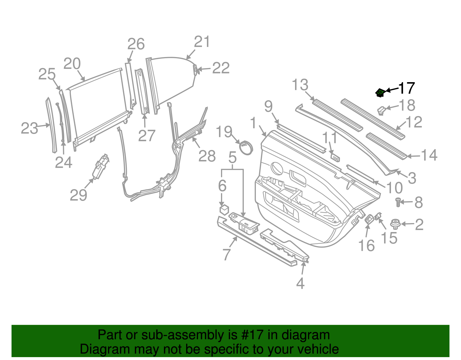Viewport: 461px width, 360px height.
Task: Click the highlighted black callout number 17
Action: click(x=406, y=88)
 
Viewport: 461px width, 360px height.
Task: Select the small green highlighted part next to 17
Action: click(x=380, y=93)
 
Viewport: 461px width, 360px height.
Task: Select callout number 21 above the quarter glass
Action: click(x=202, y=42)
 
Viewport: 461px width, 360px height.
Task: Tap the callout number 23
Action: click(x=29, y=128)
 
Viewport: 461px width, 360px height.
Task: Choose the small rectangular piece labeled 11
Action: click(x=335, y=157)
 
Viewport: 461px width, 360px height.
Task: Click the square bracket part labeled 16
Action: click(x=369, y=219)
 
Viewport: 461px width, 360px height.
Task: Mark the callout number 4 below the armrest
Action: click(x=300, y=284)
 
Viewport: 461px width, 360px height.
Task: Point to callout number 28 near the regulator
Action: click(x=207, y=156)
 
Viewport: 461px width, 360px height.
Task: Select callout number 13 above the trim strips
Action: click(x=300, y=85)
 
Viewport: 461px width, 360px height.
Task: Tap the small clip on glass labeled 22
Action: click(x=195, y=69)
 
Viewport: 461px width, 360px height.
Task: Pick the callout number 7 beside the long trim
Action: click(x=227, y=254)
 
